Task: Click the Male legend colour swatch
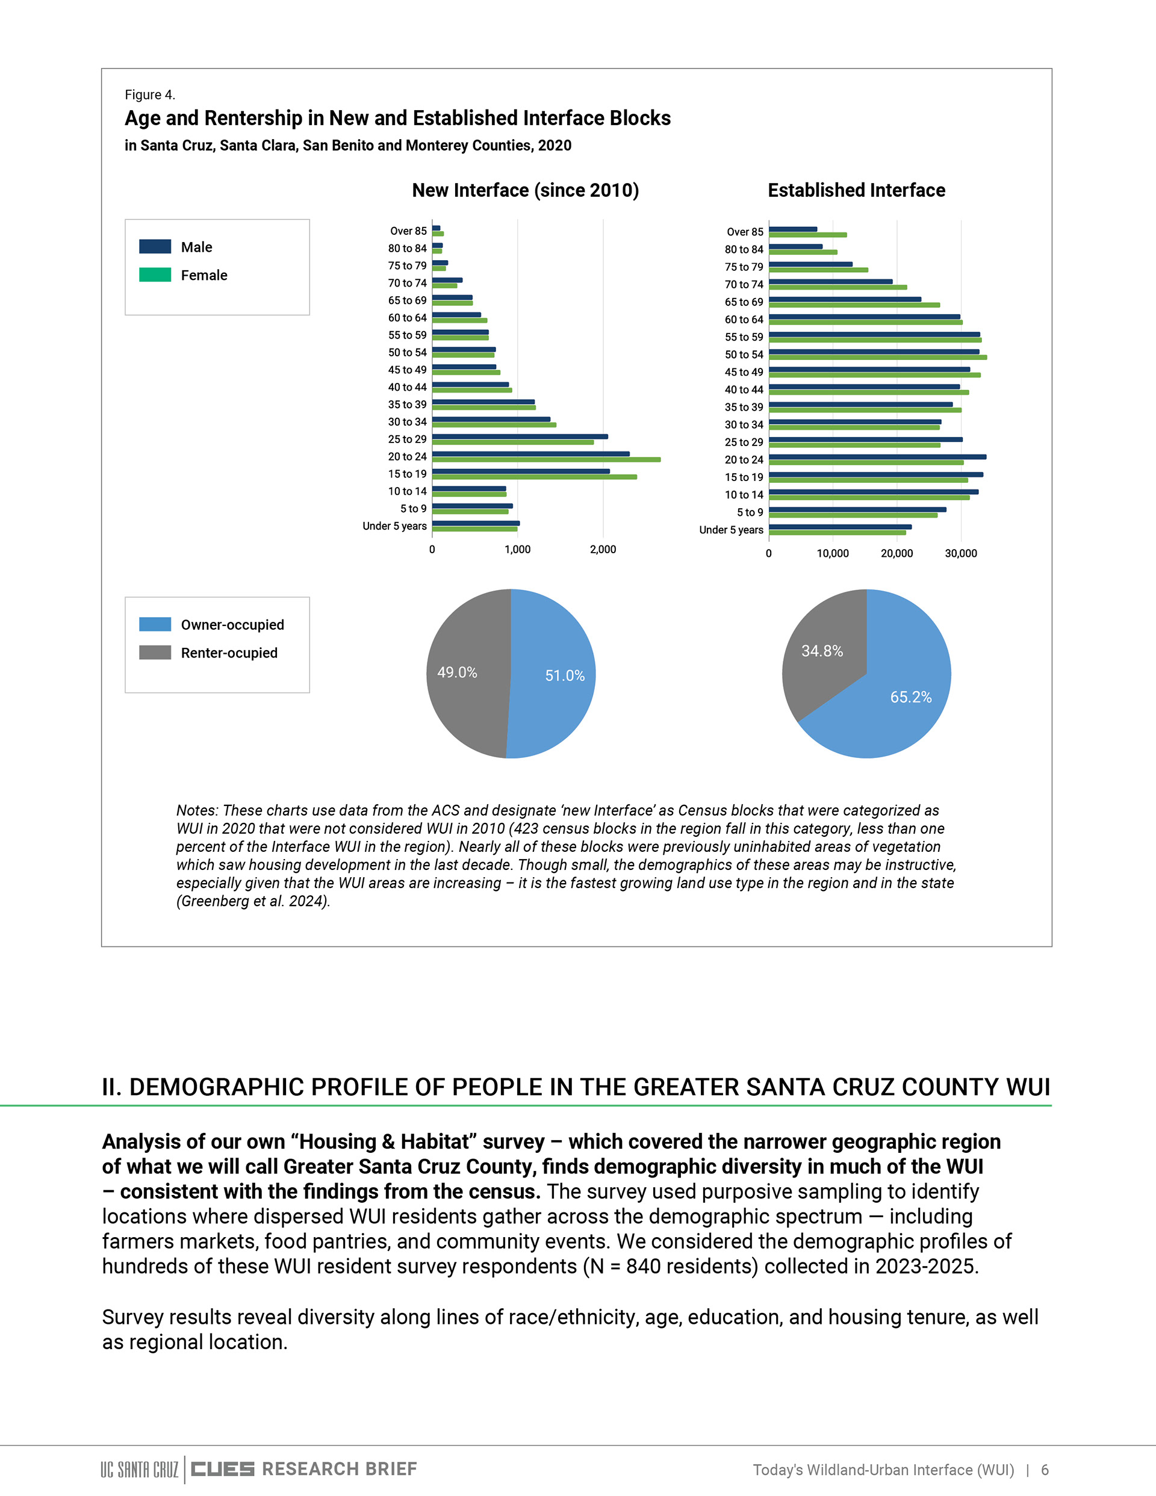(155, 247)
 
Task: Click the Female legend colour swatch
(155, 275)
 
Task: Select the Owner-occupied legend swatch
(155, 624)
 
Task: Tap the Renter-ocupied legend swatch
(155, 652)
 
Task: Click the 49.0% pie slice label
(457, 672)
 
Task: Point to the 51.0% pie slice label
(565, 676)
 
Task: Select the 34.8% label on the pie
(822, 651)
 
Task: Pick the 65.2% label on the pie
(911, 697)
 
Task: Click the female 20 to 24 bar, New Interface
(546, 459)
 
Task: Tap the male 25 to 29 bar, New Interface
(520, 436)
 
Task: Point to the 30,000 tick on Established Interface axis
(961, 553)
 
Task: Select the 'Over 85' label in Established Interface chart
(745, 232)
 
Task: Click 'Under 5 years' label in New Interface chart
(395, 526)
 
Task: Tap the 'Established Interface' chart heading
(857, 190)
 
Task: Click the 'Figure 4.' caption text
(150, 95)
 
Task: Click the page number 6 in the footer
(1045, 1470)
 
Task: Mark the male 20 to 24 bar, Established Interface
(878, 457)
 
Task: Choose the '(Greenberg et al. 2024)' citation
(253, 901)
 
